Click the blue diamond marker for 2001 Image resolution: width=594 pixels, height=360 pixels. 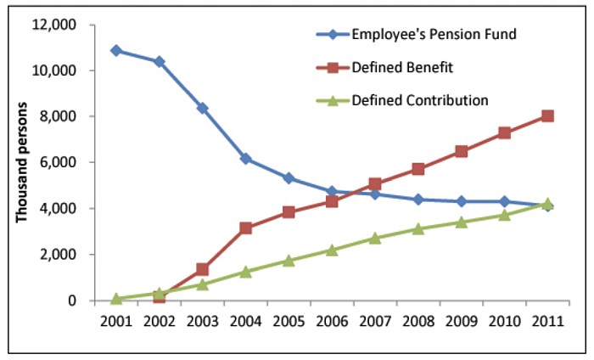115,51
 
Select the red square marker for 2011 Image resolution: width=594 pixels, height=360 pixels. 547,116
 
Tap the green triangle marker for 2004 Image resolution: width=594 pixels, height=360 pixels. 245,272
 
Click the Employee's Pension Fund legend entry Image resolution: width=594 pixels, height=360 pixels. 422,35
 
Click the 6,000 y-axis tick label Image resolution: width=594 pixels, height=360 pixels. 60,162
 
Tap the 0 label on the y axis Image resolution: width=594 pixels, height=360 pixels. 72,301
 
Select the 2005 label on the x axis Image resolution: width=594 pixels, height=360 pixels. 289,323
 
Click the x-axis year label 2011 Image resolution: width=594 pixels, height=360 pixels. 547,323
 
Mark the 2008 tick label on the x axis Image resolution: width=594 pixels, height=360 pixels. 418,323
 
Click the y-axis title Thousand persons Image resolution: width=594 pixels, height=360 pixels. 23,163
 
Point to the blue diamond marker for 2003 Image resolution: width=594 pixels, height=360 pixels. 202,109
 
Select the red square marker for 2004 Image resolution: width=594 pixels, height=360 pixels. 245,228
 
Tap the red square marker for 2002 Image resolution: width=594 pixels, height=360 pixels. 159,297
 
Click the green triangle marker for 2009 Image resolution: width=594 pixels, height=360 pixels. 461,222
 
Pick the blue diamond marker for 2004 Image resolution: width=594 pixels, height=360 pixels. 245,159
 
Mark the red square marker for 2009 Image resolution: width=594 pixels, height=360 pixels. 461,152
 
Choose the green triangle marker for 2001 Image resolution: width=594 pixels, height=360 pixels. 115,299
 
